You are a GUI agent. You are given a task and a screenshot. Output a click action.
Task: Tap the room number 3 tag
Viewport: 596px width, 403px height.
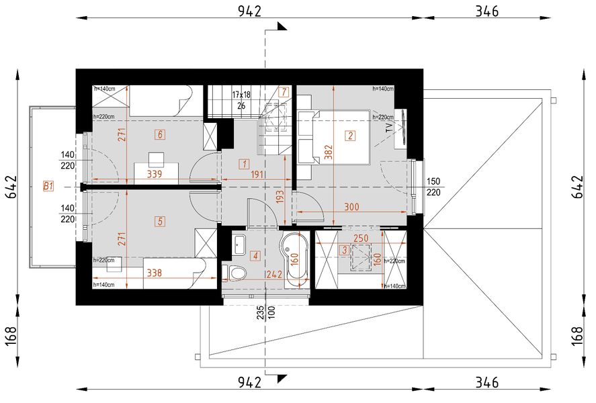[x=344, y=250]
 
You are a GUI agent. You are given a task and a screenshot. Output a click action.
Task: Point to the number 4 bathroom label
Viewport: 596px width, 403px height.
[x=255, y=255]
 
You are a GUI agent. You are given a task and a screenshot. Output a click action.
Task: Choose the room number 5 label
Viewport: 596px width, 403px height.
[x=159, y=220]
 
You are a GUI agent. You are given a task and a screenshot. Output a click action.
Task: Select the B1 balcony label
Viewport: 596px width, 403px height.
[x=48, y=186]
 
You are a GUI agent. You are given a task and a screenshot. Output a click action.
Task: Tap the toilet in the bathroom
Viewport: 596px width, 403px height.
[x=236, y=272]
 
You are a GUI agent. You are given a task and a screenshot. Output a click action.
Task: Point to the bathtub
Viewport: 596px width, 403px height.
[x=294, y=259]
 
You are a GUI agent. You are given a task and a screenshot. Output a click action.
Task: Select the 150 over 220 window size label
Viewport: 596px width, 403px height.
[x=434, y=186]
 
